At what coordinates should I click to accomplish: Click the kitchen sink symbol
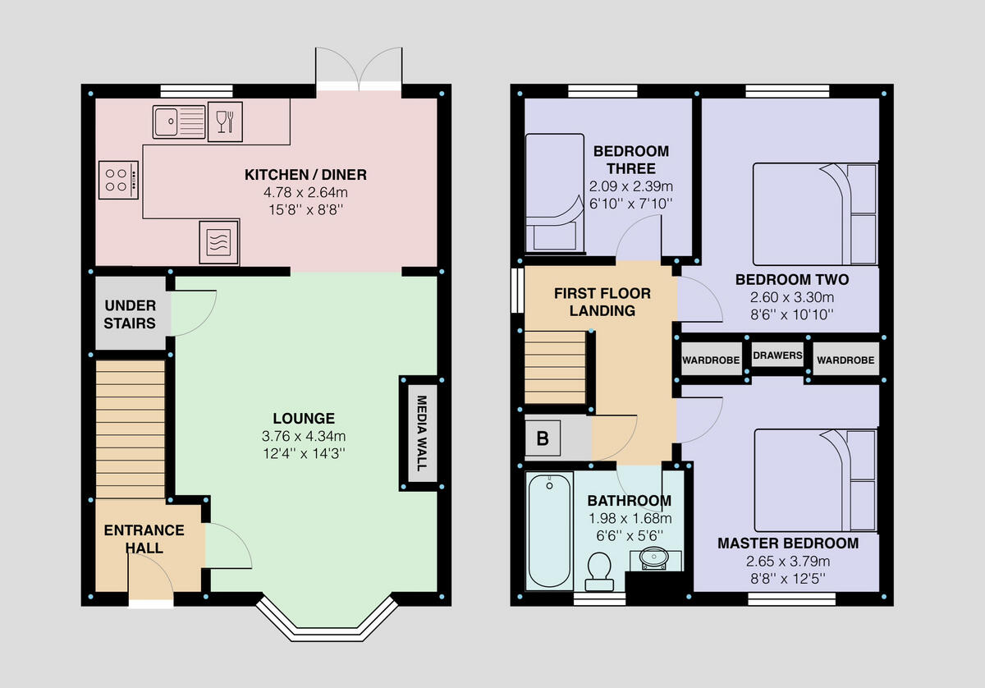[179, 122]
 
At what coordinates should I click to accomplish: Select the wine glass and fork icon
[225, 122]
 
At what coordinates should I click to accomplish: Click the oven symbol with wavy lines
[218, 242]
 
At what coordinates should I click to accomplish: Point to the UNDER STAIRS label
[130, 314]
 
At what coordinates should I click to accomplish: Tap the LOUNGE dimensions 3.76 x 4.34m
[305, 436]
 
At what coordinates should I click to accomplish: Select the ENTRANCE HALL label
[144, 539]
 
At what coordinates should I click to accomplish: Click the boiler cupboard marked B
[542, 438]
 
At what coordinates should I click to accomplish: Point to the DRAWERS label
[777, 355]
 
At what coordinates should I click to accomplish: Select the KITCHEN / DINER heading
[305, 174]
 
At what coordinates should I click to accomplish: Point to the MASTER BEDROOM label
[788, 544]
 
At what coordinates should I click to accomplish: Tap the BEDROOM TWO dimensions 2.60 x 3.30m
[791, 297]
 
